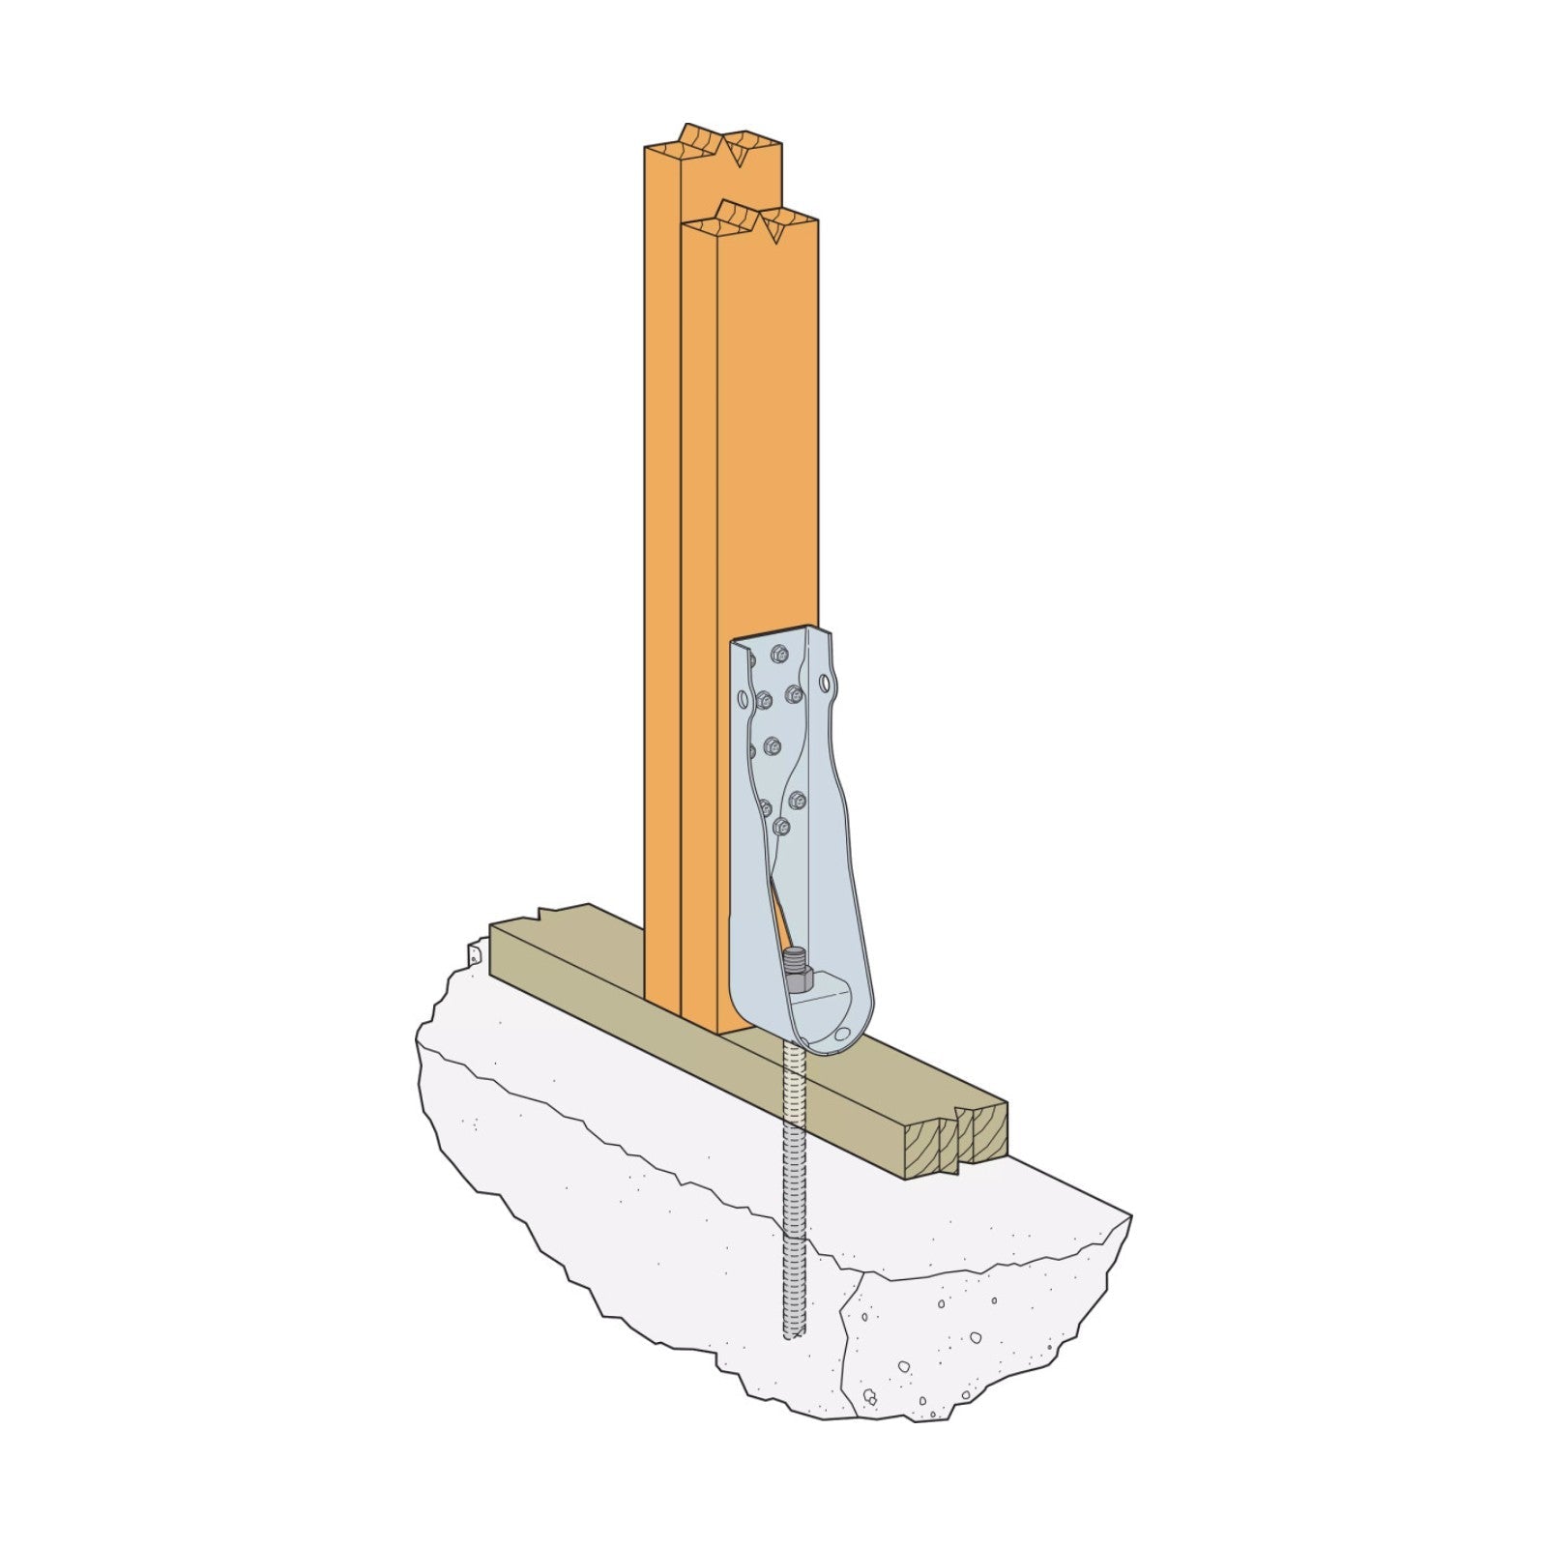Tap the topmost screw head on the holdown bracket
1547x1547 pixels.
click(x=778, y=654)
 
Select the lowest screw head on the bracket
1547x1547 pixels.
click(x=780, y=827)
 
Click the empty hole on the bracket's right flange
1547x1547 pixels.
click(x=825, y=684)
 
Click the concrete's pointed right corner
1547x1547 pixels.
click(x=1129, y=1215)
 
